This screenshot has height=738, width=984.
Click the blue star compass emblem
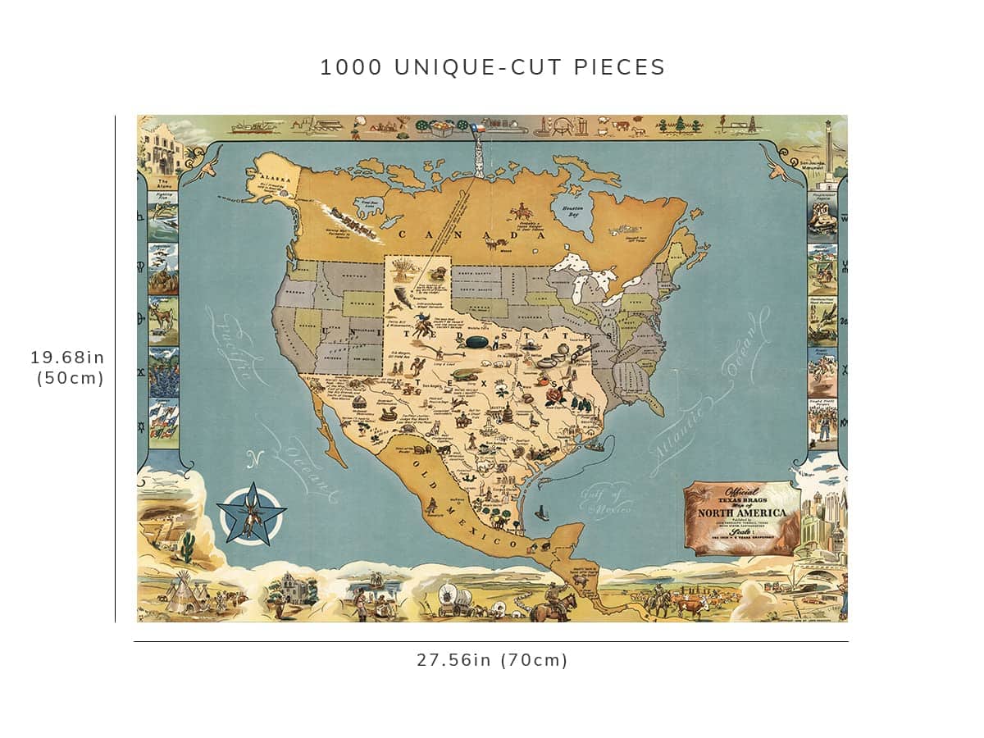click(x=251, y=514)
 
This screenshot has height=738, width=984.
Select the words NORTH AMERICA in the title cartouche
click(x=741, y=513)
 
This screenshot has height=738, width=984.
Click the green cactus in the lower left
click(x=188, y=547)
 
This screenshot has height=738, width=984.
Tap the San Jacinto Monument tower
click(x=830, y=152)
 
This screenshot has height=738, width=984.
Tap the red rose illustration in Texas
click(x=556, y=394)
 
